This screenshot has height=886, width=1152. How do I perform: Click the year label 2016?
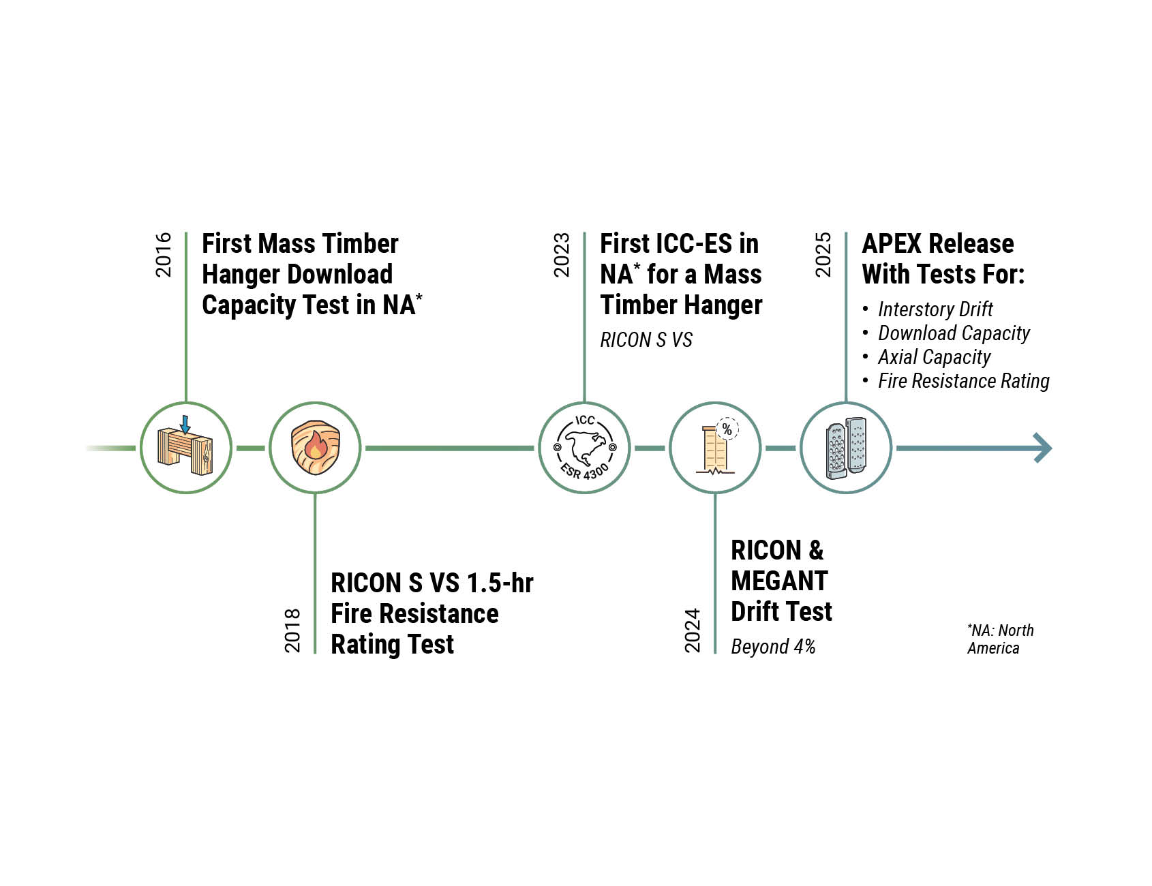(x=164, y=255)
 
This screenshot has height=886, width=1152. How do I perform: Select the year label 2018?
(x=292, y=630)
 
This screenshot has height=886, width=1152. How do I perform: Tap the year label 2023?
(x=562, y=255)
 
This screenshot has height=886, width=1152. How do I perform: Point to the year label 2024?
(x=693, y=630)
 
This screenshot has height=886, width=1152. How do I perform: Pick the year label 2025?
(x=823, y=255)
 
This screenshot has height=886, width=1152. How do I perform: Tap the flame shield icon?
(x=315, y=448)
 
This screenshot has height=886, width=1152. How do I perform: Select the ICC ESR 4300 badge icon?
(x=584, y=448)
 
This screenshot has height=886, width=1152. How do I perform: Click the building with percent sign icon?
(x=715, y=448)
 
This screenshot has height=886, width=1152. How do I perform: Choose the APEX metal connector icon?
(x=845, y=448)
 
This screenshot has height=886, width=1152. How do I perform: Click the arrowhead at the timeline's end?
(x=1043, y=448)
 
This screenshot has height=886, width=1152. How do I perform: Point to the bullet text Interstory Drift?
(x=935, y=309)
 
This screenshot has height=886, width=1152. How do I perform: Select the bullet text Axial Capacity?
(x=934, y=357)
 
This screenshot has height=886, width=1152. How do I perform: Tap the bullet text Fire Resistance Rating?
(x=963, y=381)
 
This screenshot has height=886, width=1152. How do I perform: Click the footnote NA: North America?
(x=999, y=639)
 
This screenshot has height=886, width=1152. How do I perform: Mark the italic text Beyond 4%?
(x=773, y=646)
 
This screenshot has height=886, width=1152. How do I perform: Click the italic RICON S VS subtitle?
(x=646, y=339)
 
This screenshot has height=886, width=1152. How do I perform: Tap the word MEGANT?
(x=779, y=581)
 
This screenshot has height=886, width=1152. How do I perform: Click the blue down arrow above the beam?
(x=185, y=424)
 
